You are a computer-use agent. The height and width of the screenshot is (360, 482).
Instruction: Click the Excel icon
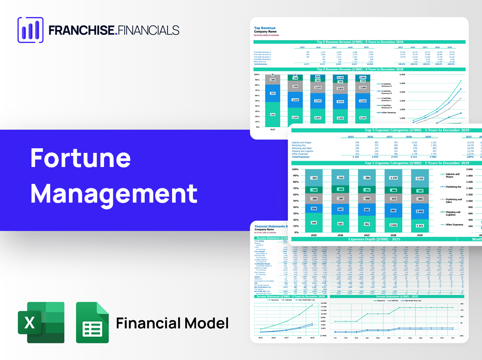[41, 323]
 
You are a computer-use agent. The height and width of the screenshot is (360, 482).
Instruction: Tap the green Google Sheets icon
[92, 323]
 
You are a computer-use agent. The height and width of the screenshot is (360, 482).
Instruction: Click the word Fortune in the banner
[80, 158]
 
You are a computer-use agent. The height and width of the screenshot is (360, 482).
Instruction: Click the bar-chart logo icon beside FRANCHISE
[30, 30]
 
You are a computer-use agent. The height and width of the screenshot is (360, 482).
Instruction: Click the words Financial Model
[172, 323]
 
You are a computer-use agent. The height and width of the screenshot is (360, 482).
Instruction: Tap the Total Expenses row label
[302, 157]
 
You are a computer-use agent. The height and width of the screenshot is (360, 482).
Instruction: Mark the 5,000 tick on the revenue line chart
[402, 83]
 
